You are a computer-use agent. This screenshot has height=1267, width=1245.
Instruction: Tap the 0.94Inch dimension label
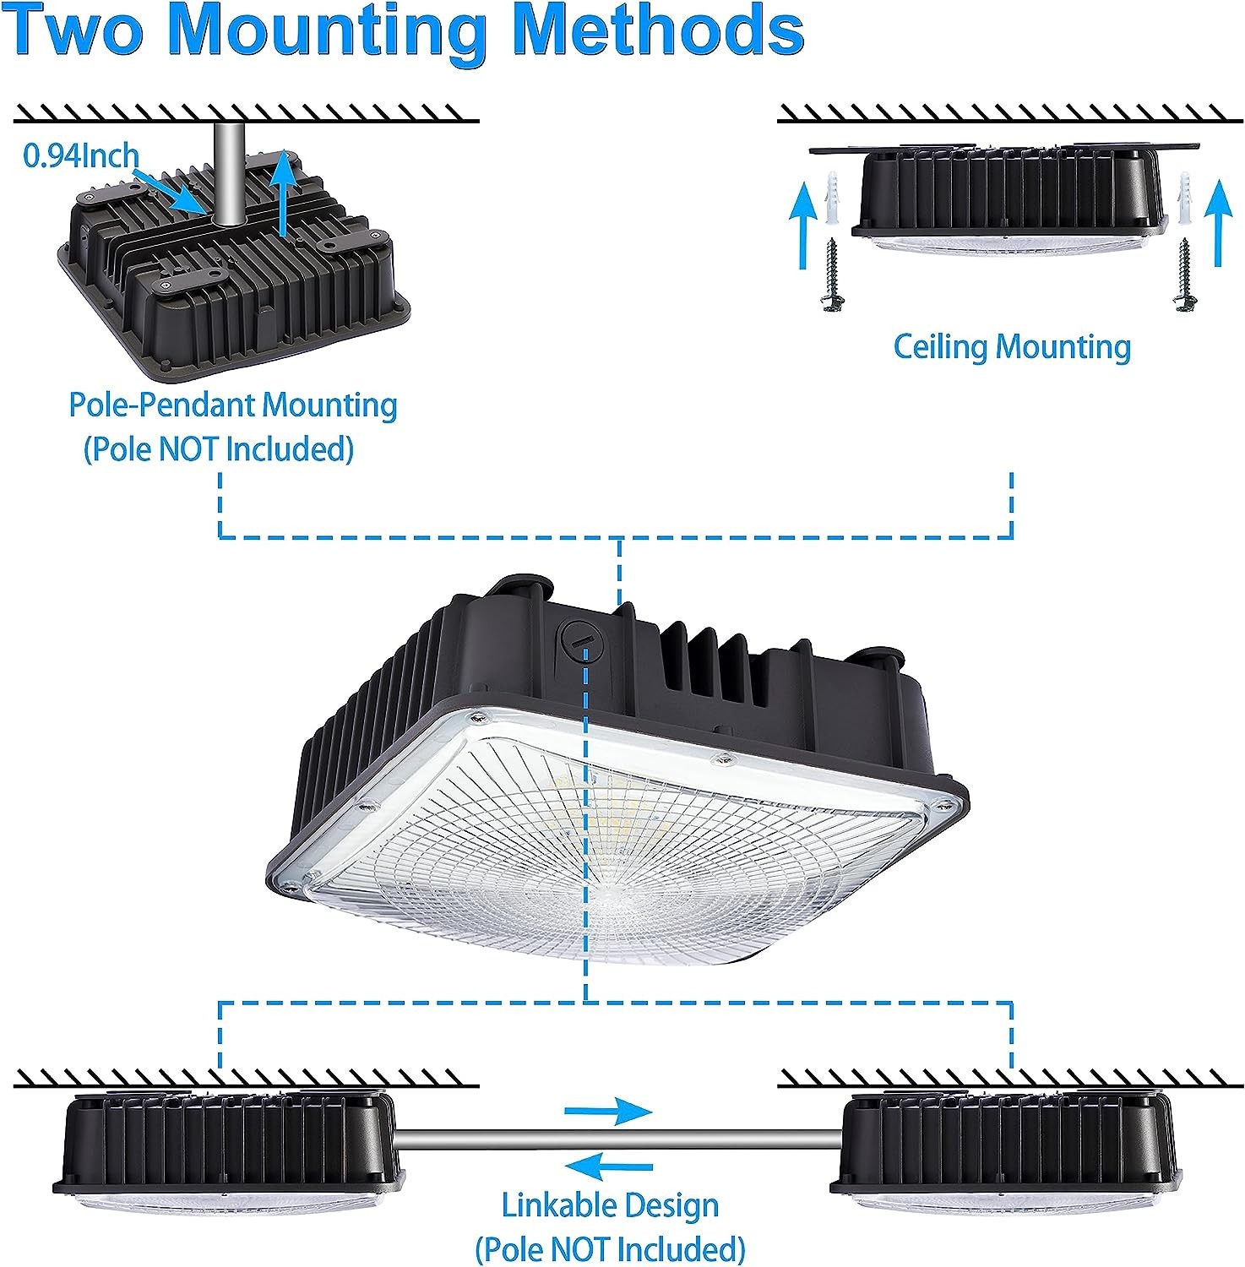point(81,155)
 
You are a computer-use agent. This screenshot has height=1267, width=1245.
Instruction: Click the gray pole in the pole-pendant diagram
point(228,173)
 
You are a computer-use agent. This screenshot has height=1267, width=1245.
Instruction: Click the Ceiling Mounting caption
point(1012,346)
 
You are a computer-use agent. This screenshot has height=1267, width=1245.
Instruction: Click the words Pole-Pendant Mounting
point(232,405)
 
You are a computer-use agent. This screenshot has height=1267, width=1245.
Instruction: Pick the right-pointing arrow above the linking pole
point(610,1111)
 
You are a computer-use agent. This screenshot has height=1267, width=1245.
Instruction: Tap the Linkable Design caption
point(610,1205)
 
